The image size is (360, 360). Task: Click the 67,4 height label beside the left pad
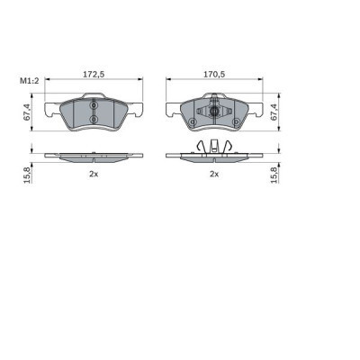(27, 112)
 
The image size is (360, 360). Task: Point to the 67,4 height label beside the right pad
(275, 112)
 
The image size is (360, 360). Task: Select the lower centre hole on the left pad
(94, 121)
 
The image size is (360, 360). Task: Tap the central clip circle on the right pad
(215, 112)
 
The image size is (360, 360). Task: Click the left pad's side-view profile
(94, 155)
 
